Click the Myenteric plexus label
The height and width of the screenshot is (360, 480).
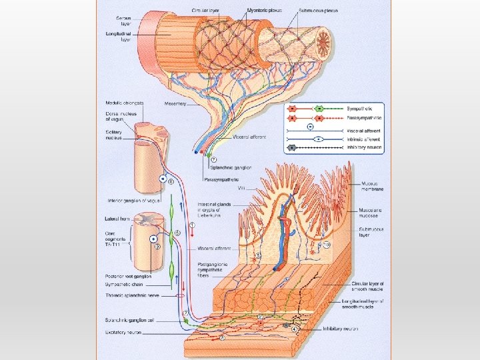pos(245,10)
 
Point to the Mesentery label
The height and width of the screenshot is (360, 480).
pos(175,103)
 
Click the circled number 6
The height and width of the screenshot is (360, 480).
pos(171,181)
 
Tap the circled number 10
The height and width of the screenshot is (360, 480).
pos(327,245)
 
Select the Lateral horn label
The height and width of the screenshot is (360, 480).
pos(118,219)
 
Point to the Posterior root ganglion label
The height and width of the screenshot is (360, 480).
pos(129,275)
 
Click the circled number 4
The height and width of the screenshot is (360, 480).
pos(294,329)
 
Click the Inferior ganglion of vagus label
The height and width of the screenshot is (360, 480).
pos(133,199)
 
